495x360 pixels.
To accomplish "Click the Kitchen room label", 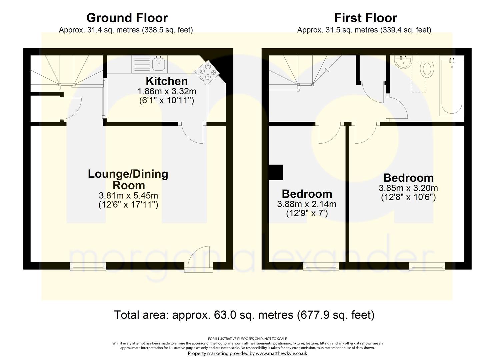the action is click(167, 81).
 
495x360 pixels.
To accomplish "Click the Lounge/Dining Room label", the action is click(128, 179).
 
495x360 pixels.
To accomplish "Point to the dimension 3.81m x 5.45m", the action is click(128, 196).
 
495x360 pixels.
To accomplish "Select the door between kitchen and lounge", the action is click(193, 133).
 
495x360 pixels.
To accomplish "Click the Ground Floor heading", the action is click(127, 18).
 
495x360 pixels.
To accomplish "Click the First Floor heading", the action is click(366, 18).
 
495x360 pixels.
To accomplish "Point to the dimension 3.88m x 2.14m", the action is click(307, 204).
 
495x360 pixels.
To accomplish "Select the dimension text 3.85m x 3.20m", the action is click(408, 188).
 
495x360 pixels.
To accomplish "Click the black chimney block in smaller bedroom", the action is click(276, 172).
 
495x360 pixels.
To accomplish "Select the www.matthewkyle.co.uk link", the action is click(281, 353).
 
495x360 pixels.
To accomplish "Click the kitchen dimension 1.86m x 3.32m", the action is click(167, 91).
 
